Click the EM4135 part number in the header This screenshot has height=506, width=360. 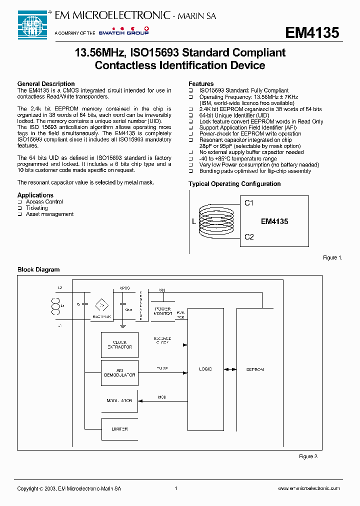pyautogui.click(x=312, y=33)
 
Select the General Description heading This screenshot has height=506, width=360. pyautogui.click(x=46, y=84)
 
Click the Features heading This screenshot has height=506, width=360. pyautogui.click(x=201, y=84)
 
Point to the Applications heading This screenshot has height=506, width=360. pyautogui.click(x=35, y=195)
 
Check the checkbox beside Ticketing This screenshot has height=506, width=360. pyautogui.click(x=20, y=208)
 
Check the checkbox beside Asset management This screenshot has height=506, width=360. pyautogui.click(x=20, y=214)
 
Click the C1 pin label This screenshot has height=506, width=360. pyautogui.click(x=249, y=203)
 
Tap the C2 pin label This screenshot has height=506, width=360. pyautogui.click(x=249, y=236)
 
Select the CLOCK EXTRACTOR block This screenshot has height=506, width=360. pyautogui.click(x=120, y=345)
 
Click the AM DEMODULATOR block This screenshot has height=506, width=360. pyautogui.click(x=120, y=372)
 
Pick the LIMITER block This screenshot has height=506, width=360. pyautogui.click(x=120, y=429)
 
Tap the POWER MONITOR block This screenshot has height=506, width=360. pyautogui.click(x=163, y=311)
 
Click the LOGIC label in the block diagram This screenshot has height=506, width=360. pyautogui.click(x=205, y=369)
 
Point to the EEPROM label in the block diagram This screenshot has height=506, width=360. pyautogui.click(x=255, y=369)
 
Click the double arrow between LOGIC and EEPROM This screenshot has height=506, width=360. pyautogui.click(x=230, y=369)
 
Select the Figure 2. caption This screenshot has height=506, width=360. pyautogui.click(x=308, y=456)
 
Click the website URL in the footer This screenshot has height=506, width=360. pyautogui.click(x=308, y=488)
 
